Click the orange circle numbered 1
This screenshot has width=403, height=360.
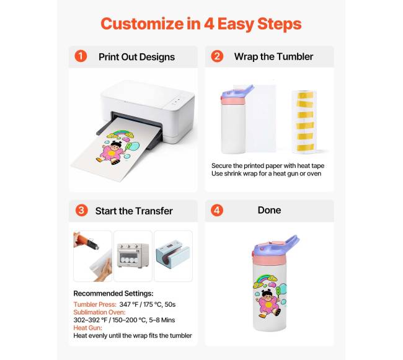tap(81, 56)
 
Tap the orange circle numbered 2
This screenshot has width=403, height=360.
tap(217, 56)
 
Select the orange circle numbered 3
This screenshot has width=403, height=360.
tap(81, 210)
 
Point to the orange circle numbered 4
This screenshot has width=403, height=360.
tap(217, 210)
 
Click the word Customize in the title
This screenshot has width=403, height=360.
tap(142, 24)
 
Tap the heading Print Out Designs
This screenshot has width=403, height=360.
tap(137, 57)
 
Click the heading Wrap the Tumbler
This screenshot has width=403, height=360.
tap(273, 56)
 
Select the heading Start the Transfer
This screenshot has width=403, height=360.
tap(134, 211)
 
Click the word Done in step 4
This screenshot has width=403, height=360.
tap(269, 210)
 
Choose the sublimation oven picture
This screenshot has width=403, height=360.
tap(133, 256)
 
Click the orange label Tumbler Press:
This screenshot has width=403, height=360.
tap(95, 304)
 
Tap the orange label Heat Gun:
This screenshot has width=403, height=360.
tap(87, 328)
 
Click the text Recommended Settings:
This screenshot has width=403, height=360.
tap(113, 293)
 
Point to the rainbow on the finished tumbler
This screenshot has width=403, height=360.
tap(265, 279)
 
